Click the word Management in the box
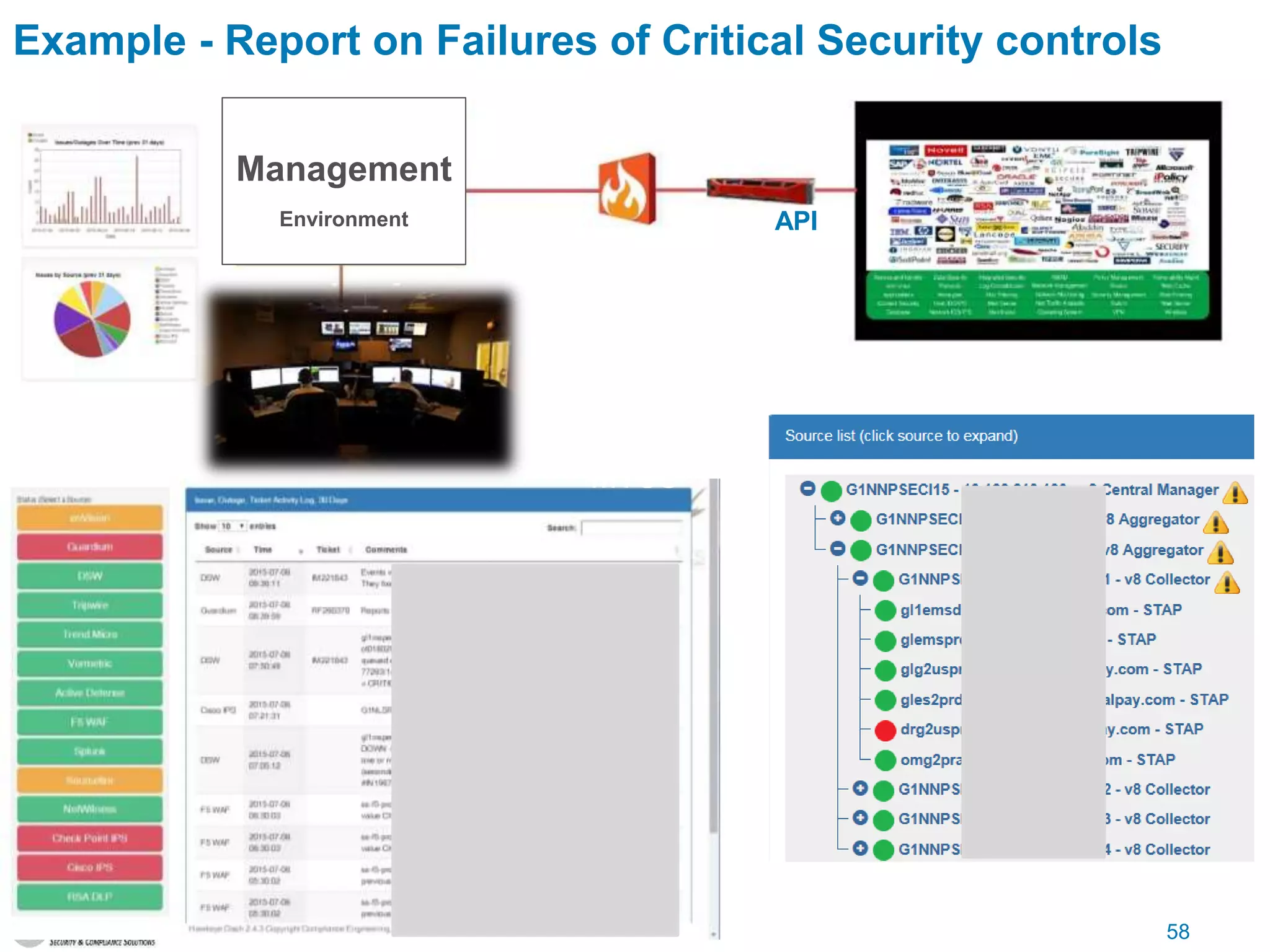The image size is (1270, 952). pos(344,169)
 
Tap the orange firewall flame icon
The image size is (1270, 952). pos(626,189)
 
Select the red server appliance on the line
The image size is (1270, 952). pos(760,189)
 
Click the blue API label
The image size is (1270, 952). pos(796,221)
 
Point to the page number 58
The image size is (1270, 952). pos(1178,932)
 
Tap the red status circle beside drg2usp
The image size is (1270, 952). pos(885,730)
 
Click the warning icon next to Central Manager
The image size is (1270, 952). pos(1235,493)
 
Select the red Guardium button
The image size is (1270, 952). pos(90,547)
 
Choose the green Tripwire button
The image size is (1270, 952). pos(90,605)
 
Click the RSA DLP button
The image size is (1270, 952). pos(90,896)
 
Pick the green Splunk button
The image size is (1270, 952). pos(90,751)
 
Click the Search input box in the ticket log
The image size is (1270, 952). pos(631,528)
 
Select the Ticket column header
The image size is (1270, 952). pos(328,550)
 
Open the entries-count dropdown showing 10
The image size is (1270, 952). pos(233,526)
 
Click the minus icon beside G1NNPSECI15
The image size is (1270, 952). pos(807,488)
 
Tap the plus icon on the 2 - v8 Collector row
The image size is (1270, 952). pos(860,788)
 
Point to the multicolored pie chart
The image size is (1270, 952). pos(92,319)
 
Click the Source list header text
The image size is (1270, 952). pos(901,436)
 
